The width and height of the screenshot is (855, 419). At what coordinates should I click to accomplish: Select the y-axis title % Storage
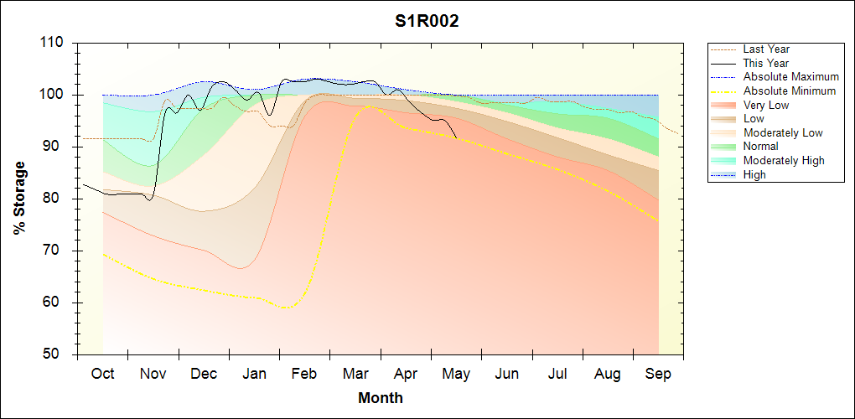[x=20, y=199]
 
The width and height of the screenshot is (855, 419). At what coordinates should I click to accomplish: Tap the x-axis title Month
[x=380, y=398]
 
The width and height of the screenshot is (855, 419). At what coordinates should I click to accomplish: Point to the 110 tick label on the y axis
[x=53, y=43]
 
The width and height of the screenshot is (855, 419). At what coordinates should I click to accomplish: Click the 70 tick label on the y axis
[x=57, y=251]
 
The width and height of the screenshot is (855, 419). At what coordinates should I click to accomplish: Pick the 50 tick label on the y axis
[x=57, y=354]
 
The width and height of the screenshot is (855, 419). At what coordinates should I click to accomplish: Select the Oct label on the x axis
[x=102, y=374]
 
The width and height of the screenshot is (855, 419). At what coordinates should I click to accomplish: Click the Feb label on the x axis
[x=304, y=374]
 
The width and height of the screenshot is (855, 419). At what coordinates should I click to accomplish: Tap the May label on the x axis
[x=456, y=375]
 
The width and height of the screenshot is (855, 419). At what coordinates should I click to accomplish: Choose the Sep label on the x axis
[x=658, y=375]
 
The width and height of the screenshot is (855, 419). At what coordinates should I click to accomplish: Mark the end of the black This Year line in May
[x=457, y=138]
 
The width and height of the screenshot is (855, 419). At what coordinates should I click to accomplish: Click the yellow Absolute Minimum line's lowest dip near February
[x=286, y=308]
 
